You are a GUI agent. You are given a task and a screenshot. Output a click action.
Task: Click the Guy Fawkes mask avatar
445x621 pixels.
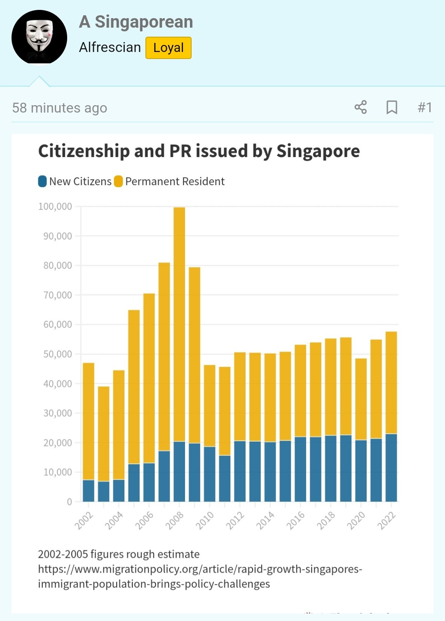(39, 38)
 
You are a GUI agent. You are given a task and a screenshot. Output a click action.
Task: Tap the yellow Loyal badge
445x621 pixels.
(168, 48)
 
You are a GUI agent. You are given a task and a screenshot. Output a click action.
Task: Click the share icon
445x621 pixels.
(361, 107)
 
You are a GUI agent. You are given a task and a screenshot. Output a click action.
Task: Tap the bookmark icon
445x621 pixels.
(391, 107)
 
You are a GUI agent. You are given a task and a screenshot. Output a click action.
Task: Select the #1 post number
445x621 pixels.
(424, 108)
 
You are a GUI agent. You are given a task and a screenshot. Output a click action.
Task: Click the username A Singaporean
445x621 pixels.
(136, 22)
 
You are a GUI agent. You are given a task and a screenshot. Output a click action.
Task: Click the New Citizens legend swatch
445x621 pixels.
(42, 181)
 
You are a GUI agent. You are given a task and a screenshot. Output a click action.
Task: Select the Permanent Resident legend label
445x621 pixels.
(175, 181)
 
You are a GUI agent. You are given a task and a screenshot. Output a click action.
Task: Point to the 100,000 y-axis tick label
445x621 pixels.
(55, 206)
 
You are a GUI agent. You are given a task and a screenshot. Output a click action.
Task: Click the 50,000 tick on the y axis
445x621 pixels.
(58, 354)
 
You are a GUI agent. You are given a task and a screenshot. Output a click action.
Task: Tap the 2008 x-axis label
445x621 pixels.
(174, 520)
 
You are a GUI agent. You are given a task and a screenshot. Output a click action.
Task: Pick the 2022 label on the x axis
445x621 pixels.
(386, 520)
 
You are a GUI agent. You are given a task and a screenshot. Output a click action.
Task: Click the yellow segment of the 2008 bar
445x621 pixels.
(179, 322)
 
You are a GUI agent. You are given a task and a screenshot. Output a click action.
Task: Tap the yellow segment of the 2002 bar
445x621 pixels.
(89, 421)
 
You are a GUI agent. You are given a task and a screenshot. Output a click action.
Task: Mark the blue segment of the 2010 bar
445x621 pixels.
(210, 474)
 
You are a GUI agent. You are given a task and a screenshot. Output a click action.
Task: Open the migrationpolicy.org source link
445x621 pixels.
(200, 576)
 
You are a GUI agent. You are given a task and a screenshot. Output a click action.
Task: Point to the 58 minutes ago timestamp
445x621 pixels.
(60, 108)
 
